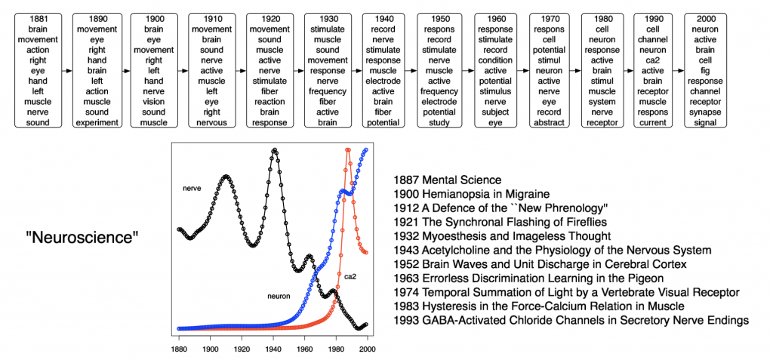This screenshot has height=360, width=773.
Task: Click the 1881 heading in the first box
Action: (32, 17)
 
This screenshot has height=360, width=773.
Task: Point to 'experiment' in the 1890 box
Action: (97, 123)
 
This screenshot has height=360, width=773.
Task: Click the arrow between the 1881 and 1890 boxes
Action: (67, 70)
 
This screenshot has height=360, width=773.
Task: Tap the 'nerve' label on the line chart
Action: (192, 188)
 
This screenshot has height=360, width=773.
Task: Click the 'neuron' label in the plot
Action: (279, 297)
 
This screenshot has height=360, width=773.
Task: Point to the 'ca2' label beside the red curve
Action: (351, 276)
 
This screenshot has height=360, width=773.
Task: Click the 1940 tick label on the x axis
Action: (273, 350)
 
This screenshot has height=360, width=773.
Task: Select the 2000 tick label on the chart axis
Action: (368, 350)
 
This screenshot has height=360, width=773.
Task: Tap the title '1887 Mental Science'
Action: (447, 180)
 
